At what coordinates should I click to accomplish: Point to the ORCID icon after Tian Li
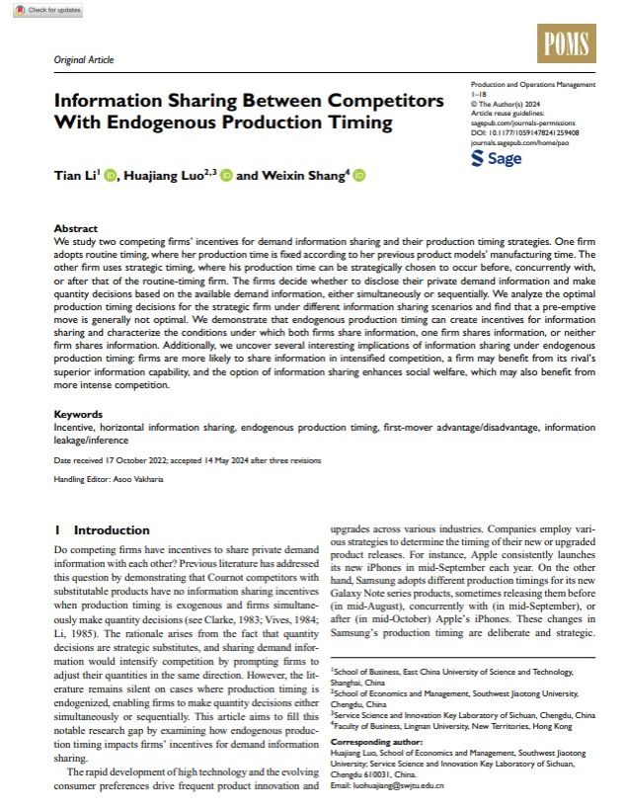(110, 176)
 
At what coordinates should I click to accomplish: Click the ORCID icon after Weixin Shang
(358, 176)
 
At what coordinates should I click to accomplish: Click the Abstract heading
(75, 227)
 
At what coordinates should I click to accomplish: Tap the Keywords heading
(78, 414)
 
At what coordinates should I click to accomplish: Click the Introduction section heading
(111, 530)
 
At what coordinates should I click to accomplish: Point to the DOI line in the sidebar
(524, 130)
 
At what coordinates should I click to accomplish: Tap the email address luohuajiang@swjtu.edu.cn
(401, 785)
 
